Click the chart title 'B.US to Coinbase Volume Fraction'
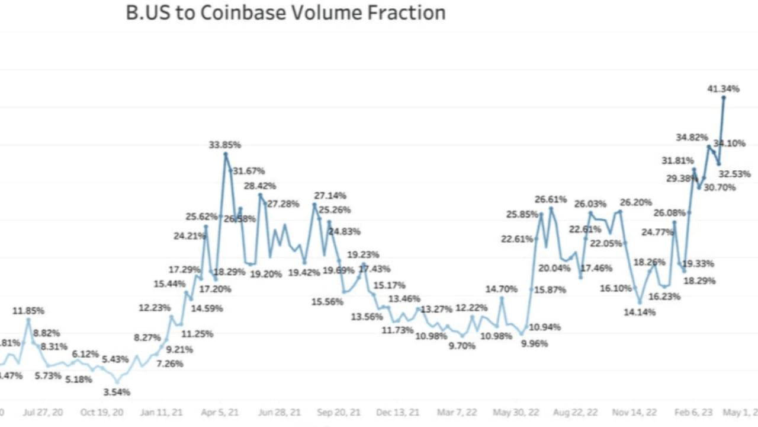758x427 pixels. click(x=285, y=12)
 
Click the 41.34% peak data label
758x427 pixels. click(x=723, y=89)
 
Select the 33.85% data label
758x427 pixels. click(x=224, y=145)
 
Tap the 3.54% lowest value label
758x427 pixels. click(x=116, y=392)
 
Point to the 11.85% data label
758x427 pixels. click(x=28, y=311)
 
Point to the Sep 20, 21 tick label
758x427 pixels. click(x=338, y=412)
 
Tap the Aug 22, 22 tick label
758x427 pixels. click(x=576, y=412)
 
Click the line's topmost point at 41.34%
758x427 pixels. click(x=724, y=98)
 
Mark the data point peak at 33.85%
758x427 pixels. click(x=226, y=154)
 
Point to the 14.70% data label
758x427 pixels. click(x=502, y=289)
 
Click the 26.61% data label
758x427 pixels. click(x=551, y=199)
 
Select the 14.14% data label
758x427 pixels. click(x=640, y=312)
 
